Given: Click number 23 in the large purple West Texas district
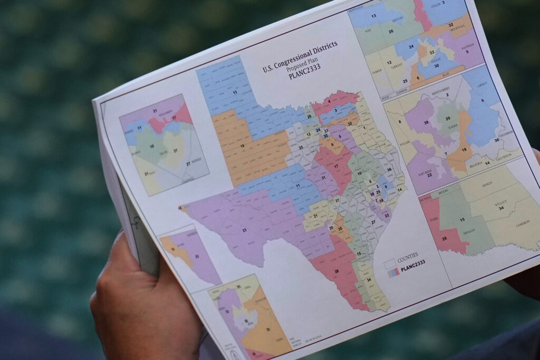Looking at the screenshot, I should [244, 230].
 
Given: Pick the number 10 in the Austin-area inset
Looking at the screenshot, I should [152, 145].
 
